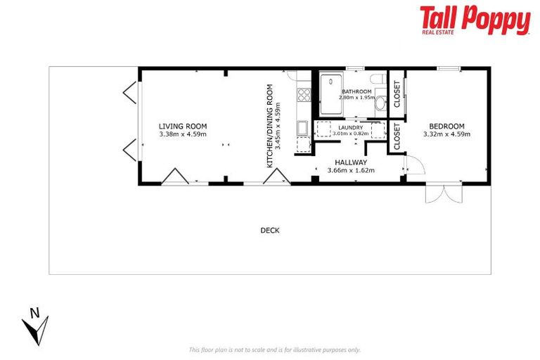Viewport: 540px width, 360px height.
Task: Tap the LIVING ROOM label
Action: coord(182,127)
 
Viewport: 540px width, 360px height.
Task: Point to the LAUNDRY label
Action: coord(350,127)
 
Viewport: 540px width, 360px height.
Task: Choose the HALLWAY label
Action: coord(351,162)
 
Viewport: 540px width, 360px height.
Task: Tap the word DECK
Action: coord(270,230)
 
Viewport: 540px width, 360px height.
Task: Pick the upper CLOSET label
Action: coord(397,94)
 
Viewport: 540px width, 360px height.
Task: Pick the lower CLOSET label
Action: coord(397,136)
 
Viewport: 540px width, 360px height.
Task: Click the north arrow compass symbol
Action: coord(34,324)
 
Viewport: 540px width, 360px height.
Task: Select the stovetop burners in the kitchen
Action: coord(304,94)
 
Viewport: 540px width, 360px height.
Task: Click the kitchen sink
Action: coord(302,128)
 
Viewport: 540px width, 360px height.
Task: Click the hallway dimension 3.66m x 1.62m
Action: coord(351,170)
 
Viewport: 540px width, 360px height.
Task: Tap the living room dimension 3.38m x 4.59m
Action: coord(182,134)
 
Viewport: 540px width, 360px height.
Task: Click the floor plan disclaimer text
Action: coord(275,349)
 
